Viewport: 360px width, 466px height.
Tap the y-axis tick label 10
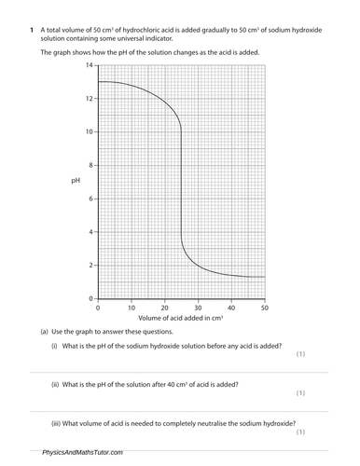88,131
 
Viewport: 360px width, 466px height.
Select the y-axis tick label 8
90,165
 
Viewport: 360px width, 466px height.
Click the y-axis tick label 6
90,199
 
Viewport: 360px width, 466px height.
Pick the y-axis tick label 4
90,232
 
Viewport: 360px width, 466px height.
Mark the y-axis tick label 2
90,265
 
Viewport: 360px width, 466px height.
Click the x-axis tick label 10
131,307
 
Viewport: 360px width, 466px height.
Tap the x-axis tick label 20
164,307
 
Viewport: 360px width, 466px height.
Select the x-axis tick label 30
198,307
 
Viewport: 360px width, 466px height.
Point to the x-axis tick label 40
231,307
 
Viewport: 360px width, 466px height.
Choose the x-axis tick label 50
264,307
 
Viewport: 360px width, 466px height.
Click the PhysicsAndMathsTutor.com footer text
82,452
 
